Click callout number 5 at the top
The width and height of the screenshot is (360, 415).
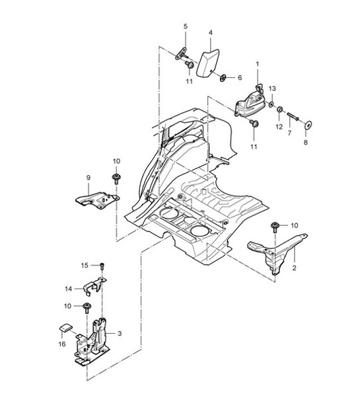click(186, 26)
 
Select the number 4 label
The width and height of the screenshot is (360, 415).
click(211, 33)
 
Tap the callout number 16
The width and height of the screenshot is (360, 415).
click(62, 344)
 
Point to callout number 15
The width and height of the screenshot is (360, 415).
click(85, 265)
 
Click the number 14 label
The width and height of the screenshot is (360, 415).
click(69, 289)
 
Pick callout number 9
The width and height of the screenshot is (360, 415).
click(89, 178)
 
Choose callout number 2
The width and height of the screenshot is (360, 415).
click(295, 268)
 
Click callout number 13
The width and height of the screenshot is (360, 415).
click(272, 89)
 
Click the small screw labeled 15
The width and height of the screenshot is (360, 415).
click(102, 266)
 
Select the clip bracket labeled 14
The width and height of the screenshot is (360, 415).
click(94, 286)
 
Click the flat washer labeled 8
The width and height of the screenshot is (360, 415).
click(308, 125)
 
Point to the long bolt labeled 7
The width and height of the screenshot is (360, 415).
click(293, 116)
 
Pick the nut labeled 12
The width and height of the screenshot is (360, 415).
click(280, 109)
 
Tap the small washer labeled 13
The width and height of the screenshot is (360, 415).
click(271, 104)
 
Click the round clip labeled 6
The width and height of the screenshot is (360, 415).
click(223, 78)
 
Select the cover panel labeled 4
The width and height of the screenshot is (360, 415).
click(207, 63)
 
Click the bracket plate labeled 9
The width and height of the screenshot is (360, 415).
click(97, 201)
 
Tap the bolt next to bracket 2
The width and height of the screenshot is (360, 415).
click(275, 227)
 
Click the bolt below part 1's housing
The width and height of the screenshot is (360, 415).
click(255, 124)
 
